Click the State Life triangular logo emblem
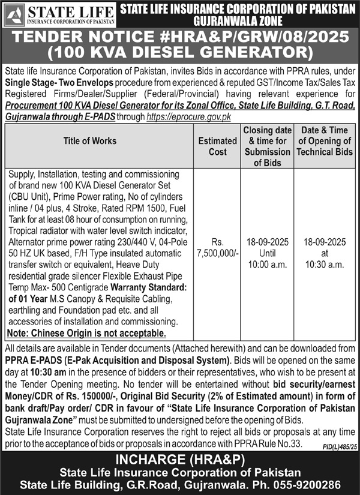(x=14, y=13)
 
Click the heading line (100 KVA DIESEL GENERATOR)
(x=180, y=53)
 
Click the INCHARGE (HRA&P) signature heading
(x=180, y=460)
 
